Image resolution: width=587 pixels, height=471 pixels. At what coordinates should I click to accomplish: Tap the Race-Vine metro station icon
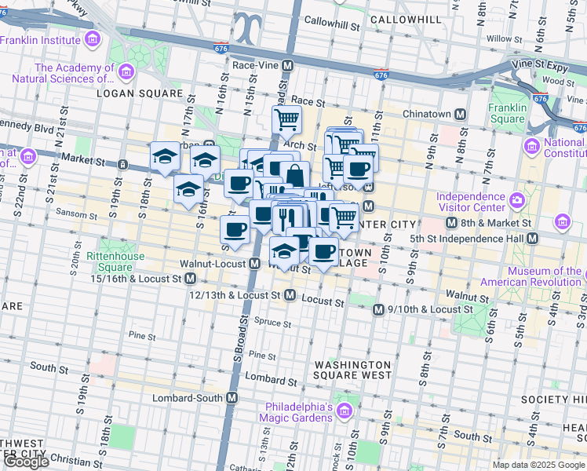click(x=288, y=66)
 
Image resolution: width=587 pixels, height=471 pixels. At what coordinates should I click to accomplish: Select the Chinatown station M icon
click(x=461, y=114)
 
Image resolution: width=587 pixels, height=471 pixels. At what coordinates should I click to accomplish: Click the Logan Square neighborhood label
click(x=139, y=93)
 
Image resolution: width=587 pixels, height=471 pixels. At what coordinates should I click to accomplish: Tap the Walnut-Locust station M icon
click(x=254, y=265)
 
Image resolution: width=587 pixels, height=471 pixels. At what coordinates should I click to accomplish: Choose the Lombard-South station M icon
click(x=232, y=398)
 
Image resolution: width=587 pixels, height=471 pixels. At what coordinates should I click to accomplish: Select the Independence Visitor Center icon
click(x=517, y=201)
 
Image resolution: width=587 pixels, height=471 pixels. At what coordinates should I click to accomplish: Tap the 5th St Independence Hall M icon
click(x=533, y=238)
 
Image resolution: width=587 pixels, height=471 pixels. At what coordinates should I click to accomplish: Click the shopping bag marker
click(x=294, y=175)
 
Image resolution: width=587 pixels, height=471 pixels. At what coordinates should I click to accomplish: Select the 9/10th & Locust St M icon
click(x=379, y=309)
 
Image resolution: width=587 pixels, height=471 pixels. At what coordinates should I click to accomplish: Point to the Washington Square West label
click(x=352, y=371)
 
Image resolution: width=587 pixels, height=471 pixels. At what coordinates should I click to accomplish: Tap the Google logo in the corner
click(x=26, y=462)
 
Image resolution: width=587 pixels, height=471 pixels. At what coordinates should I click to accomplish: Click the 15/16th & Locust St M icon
click(x=191, y=279)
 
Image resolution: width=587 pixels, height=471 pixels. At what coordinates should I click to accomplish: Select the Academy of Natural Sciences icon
click(x=126, y=73)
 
